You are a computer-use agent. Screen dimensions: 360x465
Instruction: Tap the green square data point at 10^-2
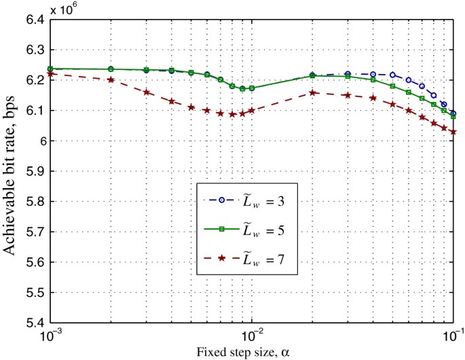[252, 88]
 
